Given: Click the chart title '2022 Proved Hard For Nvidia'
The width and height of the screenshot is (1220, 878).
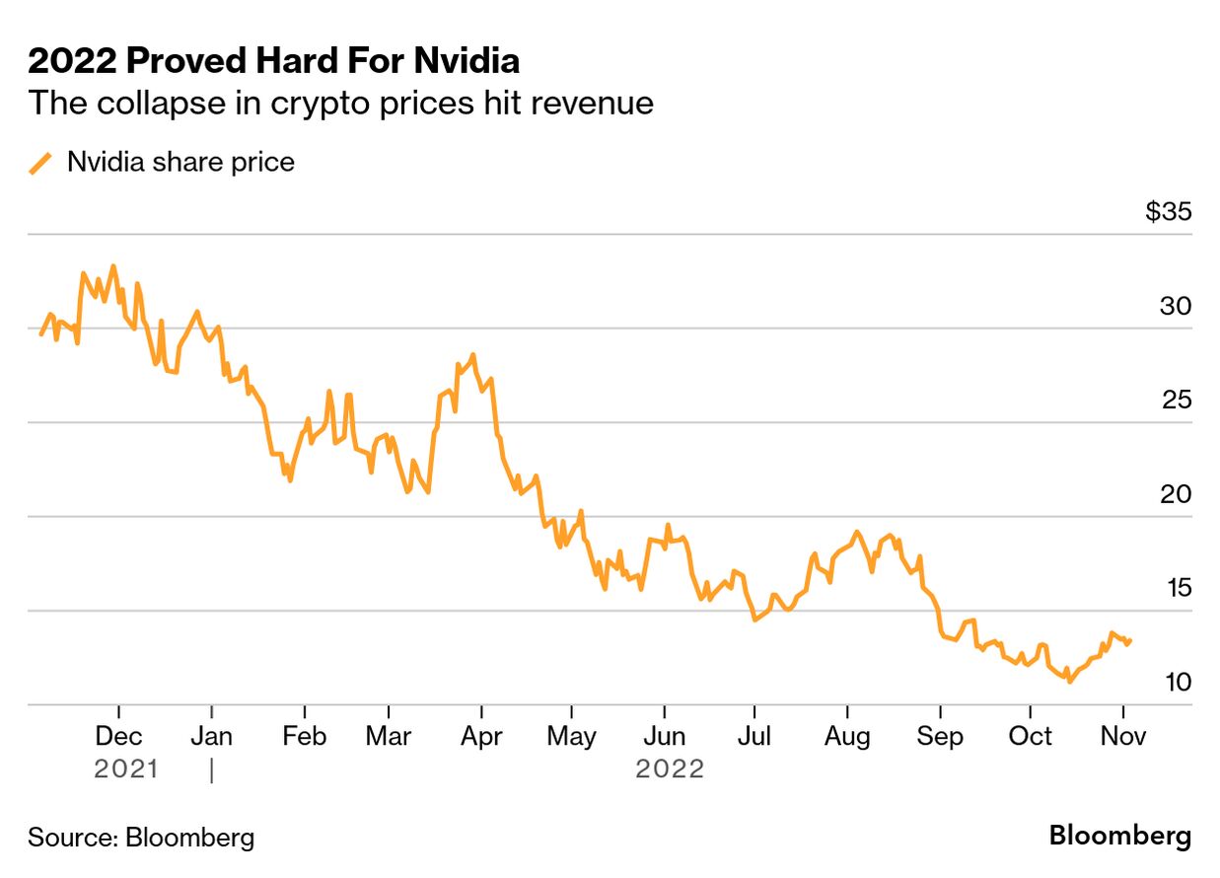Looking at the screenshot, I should (x=273, y=62).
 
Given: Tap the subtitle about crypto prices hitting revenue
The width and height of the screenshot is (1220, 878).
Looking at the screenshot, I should (x=340, y=103).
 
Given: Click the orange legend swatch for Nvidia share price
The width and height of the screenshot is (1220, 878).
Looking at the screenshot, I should (x=41, y=163).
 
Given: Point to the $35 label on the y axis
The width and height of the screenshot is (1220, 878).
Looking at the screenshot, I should (x=1168, y=212).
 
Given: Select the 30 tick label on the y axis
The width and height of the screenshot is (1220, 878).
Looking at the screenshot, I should (x=1175, y=307).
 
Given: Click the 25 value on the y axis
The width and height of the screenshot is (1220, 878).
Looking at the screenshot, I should (x=1175, y=401).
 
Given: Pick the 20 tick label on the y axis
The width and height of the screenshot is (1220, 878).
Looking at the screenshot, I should (x=1175, y=494).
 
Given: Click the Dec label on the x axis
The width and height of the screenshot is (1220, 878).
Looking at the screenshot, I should (x=118, y=737).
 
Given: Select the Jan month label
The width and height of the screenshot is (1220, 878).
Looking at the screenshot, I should (x=211, y=737).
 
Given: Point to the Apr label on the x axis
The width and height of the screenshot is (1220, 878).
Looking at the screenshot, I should (x=481, y=737).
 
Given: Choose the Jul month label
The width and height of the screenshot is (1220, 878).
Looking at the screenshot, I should (x=754, y=737).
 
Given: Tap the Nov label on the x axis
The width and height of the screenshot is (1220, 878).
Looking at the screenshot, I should (x=1122, y=737).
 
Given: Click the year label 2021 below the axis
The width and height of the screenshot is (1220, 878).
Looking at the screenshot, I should (x=125, y=768).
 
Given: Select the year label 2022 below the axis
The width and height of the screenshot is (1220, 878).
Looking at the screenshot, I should (x=670, y=768).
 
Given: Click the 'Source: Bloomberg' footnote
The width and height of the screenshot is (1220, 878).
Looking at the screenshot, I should (x=141, y=839).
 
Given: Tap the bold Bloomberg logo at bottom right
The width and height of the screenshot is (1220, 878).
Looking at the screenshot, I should (x=1119, y=837).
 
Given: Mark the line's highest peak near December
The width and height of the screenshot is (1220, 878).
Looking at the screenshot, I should (x=113, y=265).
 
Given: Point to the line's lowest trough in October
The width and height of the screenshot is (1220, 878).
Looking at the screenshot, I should (x=1069, y=681).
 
